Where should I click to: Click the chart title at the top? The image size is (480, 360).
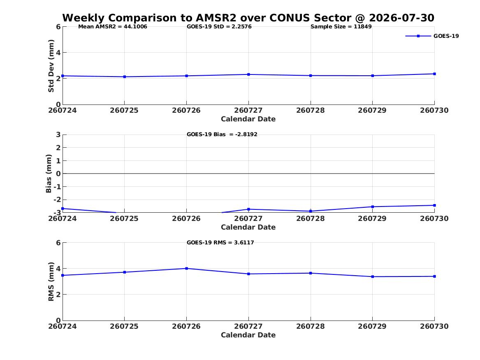pyautogui.click(x=248, y=18)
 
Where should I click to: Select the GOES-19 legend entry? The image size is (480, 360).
pyautogui.click(x=432, y=36)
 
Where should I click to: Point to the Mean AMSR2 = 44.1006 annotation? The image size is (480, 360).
pyautogui.click(x=113, y=27)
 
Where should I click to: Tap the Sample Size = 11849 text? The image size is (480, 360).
pyautogui.click(x=341, y=27)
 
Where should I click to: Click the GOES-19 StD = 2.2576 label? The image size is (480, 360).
pyautogui.click(x=219, y=27)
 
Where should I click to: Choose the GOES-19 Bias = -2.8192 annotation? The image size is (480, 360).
pyautogui.click(x=222, y=135)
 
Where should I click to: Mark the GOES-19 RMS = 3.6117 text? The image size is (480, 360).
pyautogui.click(x=220, y=242)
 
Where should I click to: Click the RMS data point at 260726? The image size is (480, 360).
pyautogui.click(x=186, y=269)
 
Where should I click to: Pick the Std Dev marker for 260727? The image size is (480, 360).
pyautogui.click(x=248, y=74)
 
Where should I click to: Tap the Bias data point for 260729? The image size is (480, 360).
pyautogui.click(x=373, y=207)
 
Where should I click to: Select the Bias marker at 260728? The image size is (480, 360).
pyautogui.click(x=311, y=211)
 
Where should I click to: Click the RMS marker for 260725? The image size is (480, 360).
pyautogui.click(x=125, y=272)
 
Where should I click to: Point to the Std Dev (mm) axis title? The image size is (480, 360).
pyautogui.click(x=51, y=66)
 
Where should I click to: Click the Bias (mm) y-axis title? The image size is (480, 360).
pyautogui.click(x=49, y=174)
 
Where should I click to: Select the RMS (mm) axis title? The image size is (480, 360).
pyautogui.click(x=51, y=282)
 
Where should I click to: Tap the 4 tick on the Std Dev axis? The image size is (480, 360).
pyautogui.click(x=58, y=53)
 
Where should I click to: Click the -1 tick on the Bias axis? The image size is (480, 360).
pyautogui.click(x=57, y=187)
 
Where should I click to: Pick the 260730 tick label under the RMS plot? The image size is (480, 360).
pyautogui.click(x=434, y=326)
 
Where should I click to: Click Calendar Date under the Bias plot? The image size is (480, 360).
pyautogui.click(x=248, y=227)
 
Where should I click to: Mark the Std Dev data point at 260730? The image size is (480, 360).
pyautogui.click(x=434, y=74)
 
